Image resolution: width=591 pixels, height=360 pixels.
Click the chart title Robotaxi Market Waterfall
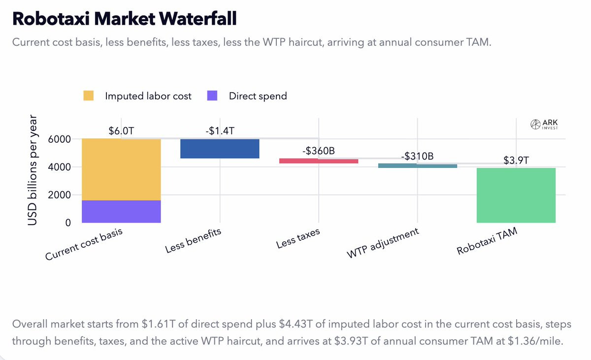coord(124,19)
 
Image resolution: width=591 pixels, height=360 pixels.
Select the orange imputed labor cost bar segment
coord(121,169)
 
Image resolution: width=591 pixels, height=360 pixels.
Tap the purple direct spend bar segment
coord(121,211)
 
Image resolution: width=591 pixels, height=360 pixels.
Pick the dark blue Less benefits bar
coord(220,148)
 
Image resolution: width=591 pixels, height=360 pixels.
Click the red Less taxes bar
coord(318,161)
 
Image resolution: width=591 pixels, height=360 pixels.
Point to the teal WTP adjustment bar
coord(417,166)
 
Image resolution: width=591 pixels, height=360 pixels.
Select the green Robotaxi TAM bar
coord(516,195)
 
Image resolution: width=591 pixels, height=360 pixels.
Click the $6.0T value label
coord(121,131)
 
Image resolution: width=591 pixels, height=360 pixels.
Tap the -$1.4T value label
coord(220,131)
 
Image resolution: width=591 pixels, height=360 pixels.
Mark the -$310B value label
coord(417,157)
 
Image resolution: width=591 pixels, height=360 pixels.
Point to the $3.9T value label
coord(516,161)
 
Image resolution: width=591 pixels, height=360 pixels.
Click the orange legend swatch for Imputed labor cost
coord(89,96)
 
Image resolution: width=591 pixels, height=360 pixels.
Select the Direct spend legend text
coord(258,96)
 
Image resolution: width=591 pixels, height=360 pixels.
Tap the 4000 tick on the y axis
coord(60,167)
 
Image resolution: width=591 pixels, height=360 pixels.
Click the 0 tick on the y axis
coord(67,223)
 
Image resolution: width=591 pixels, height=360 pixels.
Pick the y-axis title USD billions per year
coord(33,170)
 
